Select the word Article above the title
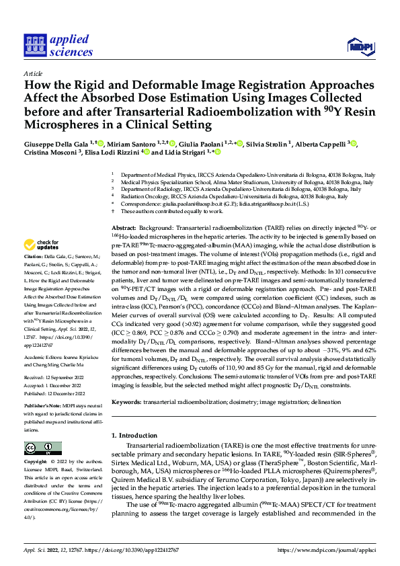33,73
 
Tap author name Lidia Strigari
185,153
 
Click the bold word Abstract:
124,229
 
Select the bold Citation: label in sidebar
33,257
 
